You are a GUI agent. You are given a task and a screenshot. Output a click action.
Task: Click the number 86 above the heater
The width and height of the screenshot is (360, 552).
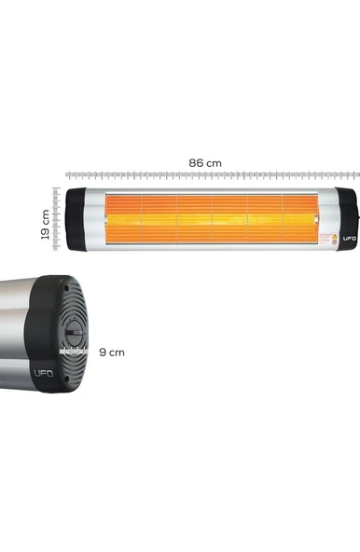[x=197, y=163]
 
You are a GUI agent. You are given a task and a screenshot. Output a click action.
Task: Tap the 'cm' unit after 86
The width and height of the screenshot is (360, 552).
[x=215, y=163]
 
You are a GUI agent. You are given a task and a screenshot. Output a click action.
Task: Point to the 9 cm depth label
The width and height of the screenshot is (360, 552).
[x=111, y=352]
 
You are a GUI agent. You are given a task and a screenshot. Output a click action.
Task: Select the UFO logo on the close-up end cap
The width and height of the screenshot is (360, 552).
[x=44, y=375]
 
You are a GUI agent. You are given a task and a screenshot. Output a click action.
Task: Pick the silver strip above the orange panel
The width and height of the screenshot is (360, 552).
[x=210, y=191]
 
